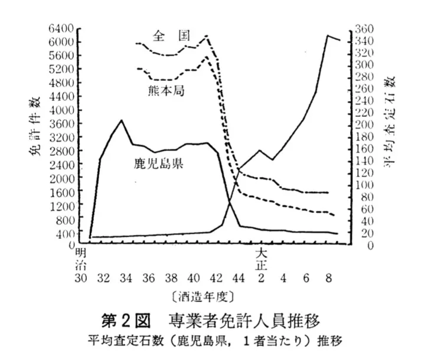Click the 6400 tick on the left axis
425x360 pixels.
[61, 28]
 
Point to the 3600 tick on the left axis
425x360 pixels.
[61, 123]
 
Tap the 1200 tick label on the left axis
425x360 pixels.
[61, 205]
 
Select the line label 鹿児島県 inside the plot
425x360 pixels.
[158, 163]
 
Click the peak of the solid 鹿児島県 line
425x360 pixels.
[121, 120]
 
